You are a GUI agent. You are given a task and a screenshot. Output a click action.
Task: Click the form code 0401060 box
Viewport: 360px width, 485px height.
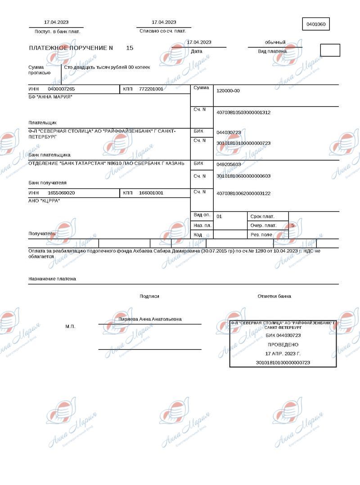(316, 24)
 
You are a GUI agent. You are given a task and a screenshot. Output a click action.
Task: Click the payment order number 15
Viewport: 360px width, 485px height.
(130, 48)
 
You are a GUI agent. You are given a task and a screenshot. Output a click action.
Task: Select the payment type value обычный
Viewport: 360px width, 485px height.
(275, 42)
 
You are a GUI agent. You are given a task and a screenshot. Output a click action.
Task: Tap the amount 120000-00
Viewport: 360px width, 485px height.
(228, 91)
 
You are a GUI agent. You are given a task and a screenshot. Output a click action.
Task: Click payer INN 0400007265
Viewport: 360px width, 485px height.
(61, 89)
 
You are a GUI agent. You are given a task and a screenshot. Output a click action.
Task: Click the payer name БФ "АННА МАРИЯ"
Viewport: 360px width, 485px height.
(50, 97)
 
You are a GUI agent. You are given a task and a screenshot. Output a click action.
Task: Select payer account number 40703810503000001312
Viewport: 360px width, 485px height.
(243, 112)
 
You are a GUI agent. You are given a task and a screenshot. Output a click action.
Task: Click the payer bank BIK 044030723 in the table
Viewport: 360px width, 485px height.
(229, 132)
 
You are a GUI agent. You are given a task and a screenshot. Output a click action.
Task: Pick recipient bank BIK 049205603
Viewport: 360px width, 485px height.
(229, 164)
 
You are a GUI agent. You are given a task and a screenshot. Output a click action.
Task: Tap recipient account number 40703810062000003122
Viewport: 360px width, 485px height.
(243, 193)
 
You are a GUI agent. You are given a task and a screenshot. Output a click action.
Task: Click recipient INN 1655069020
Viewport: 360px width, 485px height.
(61, 193)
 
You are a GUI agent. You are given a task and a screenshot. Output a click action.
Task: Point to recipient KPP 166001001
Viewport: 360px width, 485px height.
(151, 193)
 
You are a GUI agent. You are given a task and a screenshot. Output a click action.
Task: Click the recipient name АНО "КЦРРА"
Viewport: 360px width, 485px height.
(44, 201)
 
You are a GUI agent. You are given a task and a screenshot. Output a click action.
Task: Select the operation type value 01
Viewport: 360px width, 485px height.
(219, 216)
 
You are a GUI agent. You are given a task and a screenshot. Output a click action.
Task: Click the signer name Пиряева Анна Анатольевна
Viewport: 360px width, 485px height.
(150, 319)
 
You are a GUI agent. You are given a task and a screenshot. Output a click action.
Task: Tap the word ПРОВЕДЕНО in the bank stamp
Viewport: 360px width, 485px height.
(283, 344)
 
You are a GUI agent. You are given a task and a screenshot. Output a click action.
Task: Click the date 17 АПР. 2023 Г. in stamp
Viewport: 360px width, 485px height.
(283, 353)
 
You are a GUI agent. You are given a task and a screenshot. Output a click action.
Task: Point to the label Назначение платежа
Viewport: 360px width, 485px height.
(52, 279)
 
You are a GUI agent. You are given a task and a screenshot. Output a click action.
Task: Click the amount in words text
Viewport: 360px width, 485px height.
(107, 67)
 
